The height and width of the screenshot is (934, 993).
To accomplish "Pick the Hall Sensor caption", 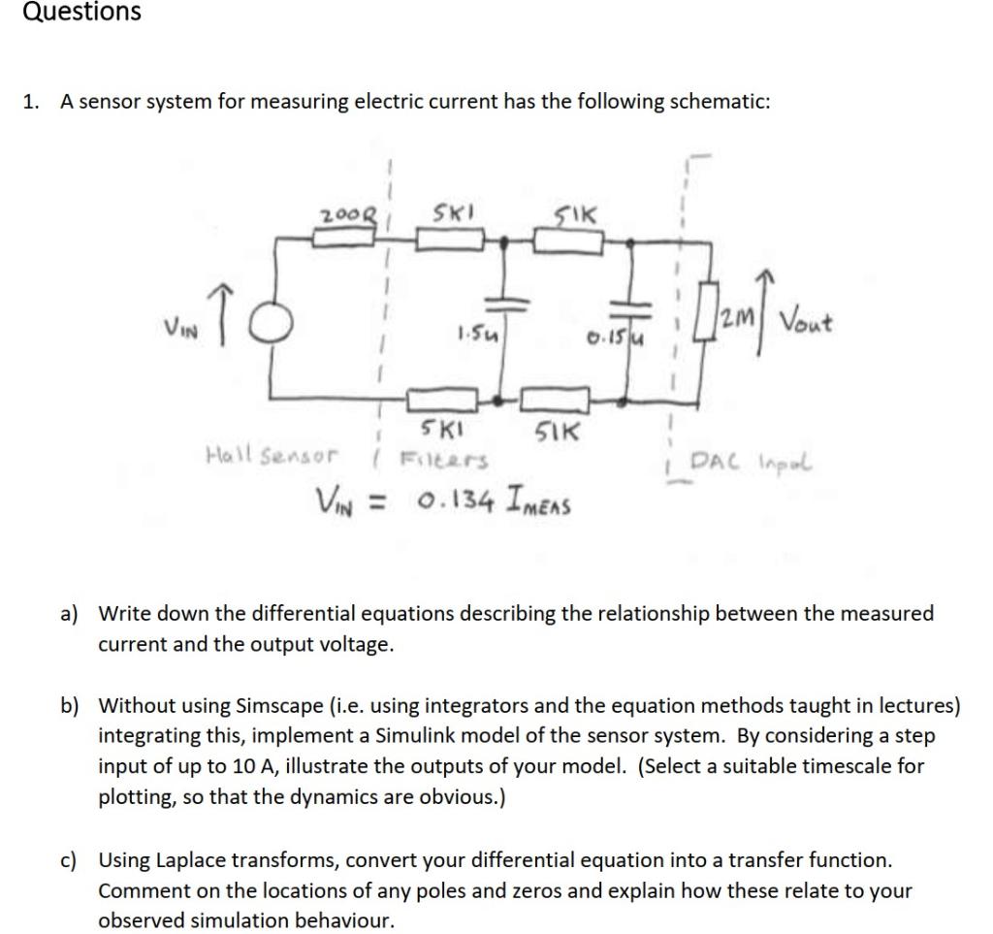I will pos(271,453).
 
